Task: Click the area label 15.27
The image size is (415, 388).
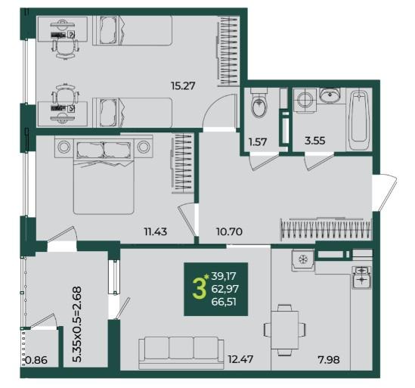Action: point(183,85)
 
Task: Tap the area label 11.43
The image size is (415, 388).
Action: point(156,231)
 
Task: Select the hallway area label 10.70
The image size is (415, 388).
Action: point(229,231)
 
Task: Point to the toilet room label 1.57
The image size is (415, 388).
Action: point(258,142)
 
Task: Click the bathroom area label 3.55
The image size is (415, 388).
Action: point(315,141)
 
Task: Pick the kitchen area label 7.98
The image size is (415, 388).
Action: point(329,360)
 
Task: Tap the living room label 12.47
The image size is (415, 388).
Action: point(240,359)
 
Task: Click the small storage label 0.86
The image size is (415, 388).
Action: point(36,360)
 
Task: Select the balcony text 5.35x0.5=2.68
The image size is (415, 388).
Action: point(77,324)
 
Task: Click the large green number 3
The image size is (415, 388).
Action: point(199,289)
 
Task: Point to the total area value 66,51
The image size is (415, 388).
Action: point(224,302)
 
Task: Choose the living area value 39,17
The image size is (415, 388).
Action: point(224,276)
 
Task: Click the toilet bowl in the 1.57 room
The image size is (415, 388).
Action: point(259,104)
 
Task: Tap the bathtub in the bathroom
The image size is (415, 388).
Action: point(359,120)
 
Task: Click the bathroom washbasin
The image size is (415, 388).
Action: point(330,95)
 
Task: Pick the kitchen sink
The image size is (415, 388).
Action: point(361,277)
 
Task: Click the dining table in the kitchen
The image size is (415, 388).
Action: point(285,330)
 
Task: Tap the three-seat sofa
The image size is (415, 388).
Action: point(181,352)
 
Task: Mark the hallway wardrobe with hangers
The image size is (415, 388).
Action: point(326,228)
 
